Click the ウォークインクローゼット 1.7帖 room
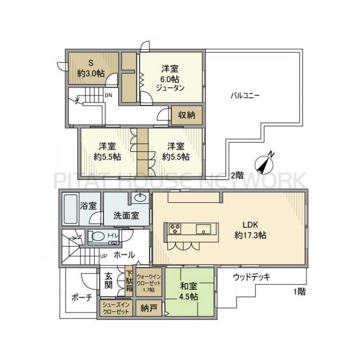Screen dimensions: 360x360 148,283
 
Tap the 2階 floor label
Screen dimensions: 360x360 237,176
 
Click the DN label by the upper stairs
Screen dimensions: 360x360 109,95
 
